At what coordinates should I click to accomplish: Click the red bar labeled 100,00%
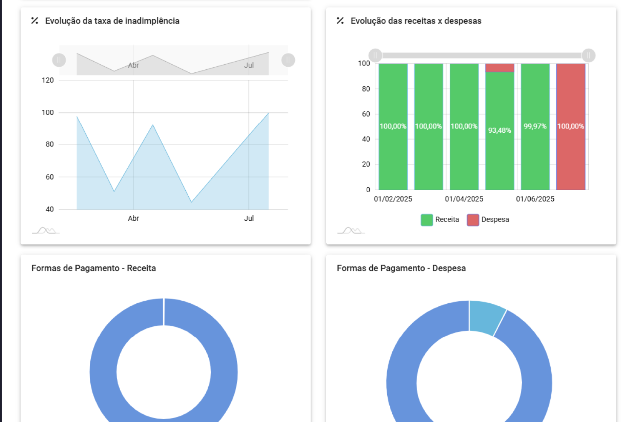571,126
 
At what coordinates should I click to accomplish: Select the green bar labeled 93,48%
500,130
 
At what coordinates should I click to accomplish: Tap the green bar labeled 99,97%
535,126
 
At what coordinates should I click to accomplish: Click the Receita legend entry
440,220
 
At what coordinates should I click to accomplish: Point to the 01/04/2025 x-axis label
464,199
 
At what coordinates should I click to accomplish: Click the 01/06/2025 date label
535,199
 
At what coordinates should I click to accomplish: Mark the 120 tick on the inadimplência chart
48,80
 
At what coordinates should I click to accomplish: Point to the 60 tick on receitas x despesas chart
366,114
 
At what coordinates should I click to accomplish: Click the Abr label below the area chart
133,218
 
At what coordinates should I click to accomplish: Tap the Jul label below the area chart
249,218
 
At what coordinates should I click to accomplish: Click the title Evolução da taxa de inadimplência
112,21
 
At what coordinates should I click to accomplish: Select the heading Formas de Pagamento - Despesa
401,268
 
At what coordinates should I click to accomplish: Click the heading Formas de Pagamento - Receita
94,268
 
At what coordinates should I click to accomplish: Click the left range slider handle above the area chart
59,60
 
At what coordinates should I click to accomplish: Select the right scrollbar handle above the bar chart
588,55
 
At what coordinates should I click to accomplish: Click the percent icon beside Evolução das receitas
340,21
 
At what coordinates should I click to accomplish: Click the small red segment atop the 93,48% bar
500,68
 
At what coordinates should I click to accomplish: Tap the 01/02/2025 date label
393,199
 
